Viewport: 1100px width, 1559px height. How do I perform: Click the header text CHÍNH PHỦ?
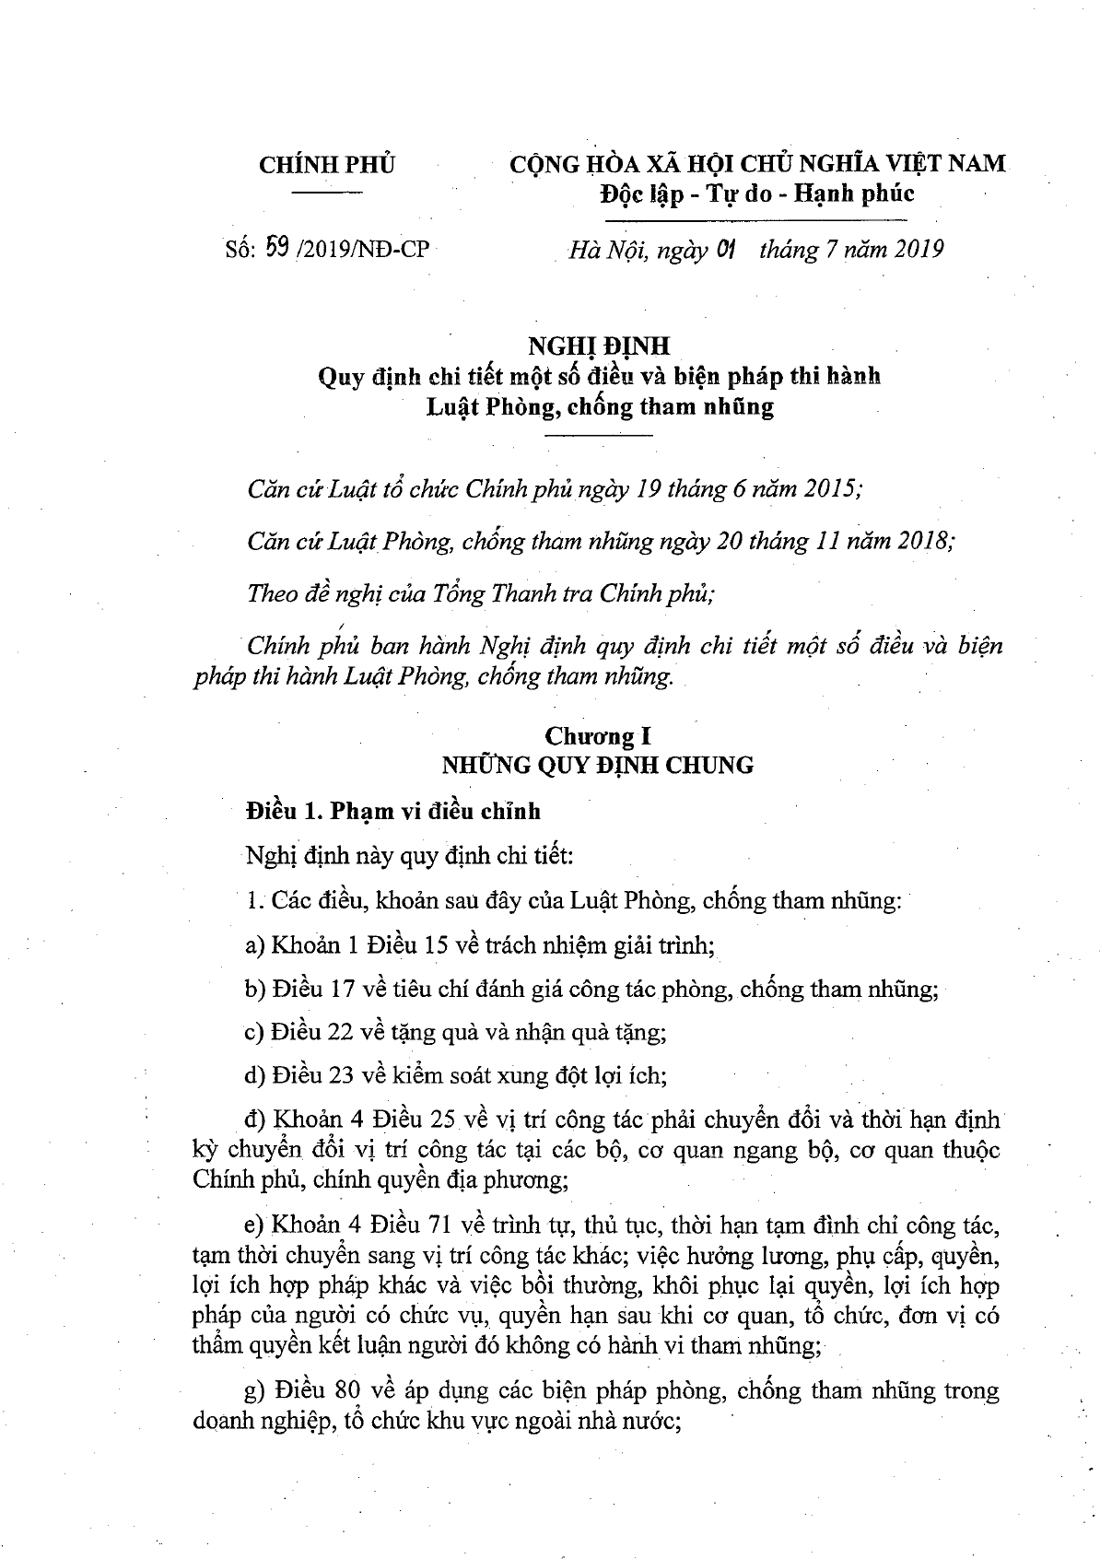point(327,165)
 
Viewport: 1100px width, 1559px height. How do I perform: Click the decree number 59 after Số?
point(275,248)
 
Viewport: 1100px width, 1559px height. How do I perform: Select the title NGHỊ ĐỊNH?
point(598,345)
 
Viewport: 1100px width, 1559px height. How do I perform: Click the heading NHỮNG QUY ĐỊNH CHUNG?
point(598,765)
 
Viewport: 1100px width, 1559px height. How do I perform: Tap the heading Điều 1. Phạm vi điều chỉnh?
point(393,811)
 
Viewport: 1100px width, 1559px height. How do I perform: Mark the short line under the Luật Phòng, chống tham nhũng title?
point(599,434)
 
